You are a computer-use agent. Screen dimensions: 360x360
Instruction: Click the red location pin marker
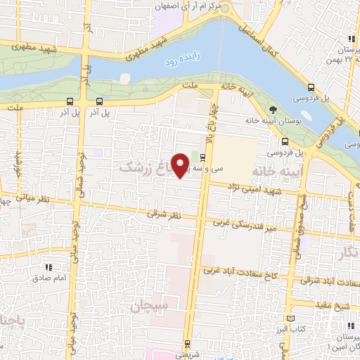tap(181, 165)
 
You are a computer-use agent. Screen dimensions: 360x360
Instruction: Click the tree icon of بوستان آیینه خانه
tap(274, 109)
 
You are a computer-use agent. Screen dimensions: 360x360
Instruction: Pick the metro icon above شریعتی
tap(187, 345)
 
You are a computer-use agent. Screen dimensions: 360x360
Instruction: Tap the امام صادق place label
tap(47, 278)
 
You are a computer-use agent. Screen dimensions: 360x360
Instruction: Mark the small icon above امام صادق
tap(48, 267)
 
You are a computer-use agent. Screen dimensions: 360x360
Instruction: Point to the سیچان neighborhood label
tap(148, 306)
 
